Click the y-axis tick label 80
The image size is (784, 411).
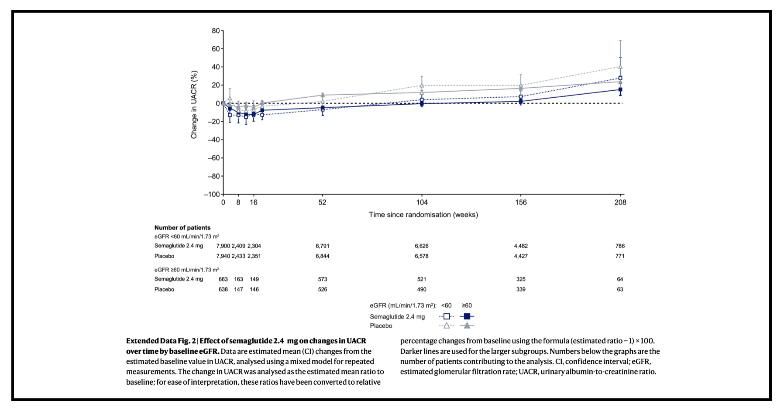click(x=216, y=31)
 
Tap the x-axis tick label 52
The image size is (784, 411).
click(x=322, y=202)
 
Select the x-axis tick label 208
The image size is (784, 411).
click(x=620, y=202)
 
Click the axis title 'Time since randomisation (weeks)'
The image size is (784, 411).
click(x=423, y=215)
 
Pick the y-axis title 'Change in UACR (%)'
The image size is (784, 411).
click(x=194, y=105)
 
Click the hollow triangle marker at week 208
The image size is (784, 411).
click(x=620, y=67)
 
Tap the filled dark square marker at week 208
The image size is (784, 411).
click(x=620, y=90)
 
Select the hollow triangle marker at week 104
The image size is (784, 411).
click(x=422, y=86)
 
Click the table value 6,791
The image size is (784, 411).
click(x=322, y=246)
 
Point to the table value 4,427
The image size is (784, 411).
click(x=520, y=256)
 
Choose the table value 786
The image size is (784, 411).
click(x=620, y=246)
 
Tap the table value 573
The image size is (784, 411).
click(x=322, y=279)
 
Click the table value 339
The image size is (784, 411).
click(x=520, y=289)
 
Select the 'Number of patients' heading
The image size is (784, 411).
click(x=182, y=228)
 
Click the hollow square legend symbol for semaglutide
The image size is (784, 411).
click(x=446, y=316)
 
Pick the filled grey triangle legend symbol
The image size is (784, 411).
click(x=467, y=325)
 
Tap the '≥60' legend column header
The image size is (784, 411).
click(x=467, y=305)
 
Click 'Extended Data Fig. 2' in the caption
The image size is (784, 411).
click(x=161, y=341)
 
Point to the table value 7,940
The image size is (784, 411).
click(x=223, y=256)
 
